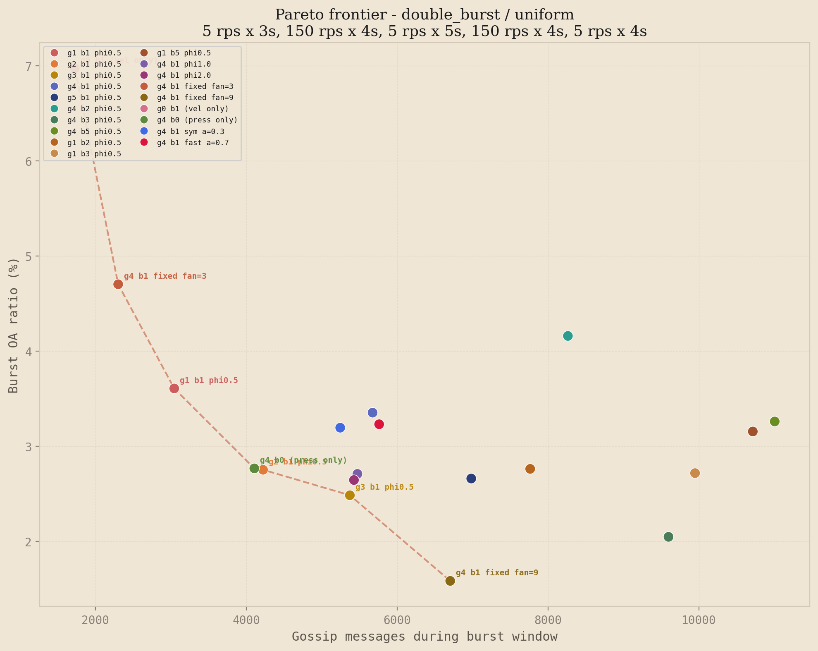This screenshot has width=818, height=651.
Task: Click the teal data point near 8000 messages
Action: coord(568,336)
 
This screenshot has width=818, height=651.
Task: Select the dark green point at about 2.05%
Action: coord(668,537)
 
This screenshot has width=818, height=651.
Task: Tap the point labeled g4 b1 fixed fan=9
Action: coord(450,581)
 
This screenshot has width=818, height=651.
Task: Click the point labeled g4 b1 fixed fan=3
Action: coord(118,284)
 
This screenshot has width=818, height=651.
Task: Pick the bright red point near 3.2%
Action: coord(379,424)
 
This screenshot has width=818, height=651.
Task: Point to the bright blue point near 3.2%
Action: coord(340,428)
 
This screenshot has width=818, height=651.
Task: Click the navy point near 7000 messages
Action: coord(471,479)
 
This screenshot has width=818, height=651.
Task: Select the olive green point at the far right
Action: coord(775,421)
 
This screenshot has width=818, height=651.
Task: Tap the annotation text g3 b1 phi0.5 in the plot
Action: coord(384,487)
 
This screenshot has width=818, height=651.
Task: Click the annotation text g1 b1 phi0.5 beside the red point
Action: coord(209,381)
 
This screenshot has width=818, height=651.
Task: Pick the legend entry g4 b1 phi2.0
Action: coord(184,75)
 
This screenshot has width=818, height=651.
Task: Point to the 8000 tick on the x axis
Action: coord(548,620)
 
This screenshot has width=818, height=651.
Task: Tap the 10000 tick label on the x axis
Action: coord(699,620)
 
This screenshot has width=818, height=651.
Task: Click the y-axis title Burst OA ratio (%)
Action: coord(14,325)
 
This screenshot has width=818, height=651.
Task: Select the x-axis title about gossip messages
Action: coord(425,637)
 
